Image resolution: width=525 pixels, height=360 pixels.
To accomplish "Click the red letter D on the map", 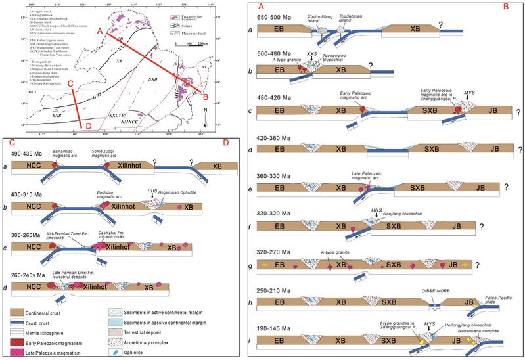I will pos(81,127).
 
